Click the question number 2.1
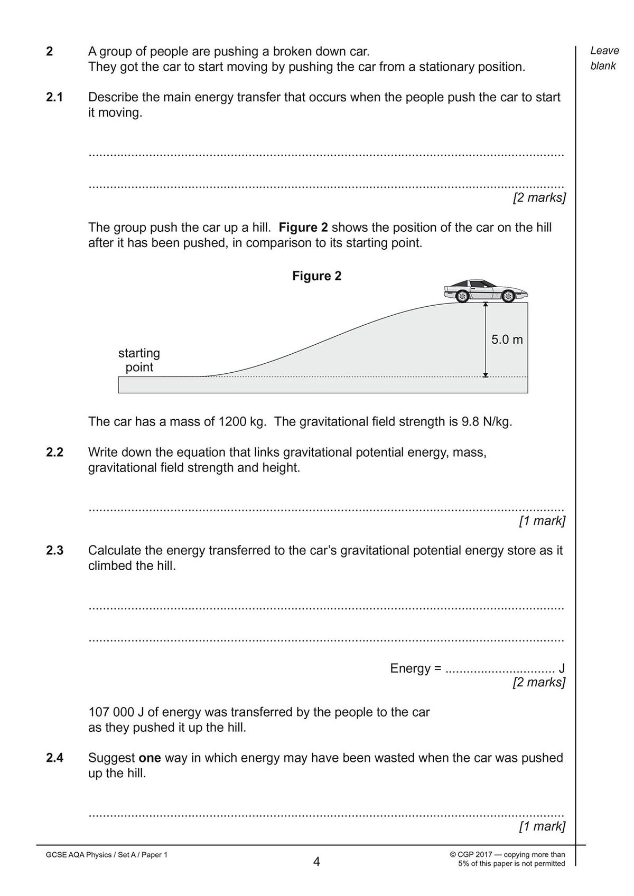coord(54,97)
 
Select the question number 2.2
coord(54,452)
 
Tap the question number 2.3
coord(54,550)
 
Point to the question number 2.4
coord(54,758)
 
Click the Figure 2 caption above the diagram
coord(316,276)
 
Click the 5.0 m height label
coord(507,339)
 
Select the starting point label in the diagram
coord(139,360)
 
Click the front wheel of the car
coord(508,297)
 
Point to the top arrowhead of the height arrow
coord(485,305)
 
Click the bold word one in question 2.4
coord(150,758)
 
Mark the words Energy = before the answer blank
coord(415,668)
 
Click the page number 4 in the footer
coord(316,862)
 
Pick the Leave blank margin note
coord(604,58)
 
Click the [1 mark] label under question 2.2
coord(542,521)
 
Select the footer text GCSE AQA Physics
coord(79,855)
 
